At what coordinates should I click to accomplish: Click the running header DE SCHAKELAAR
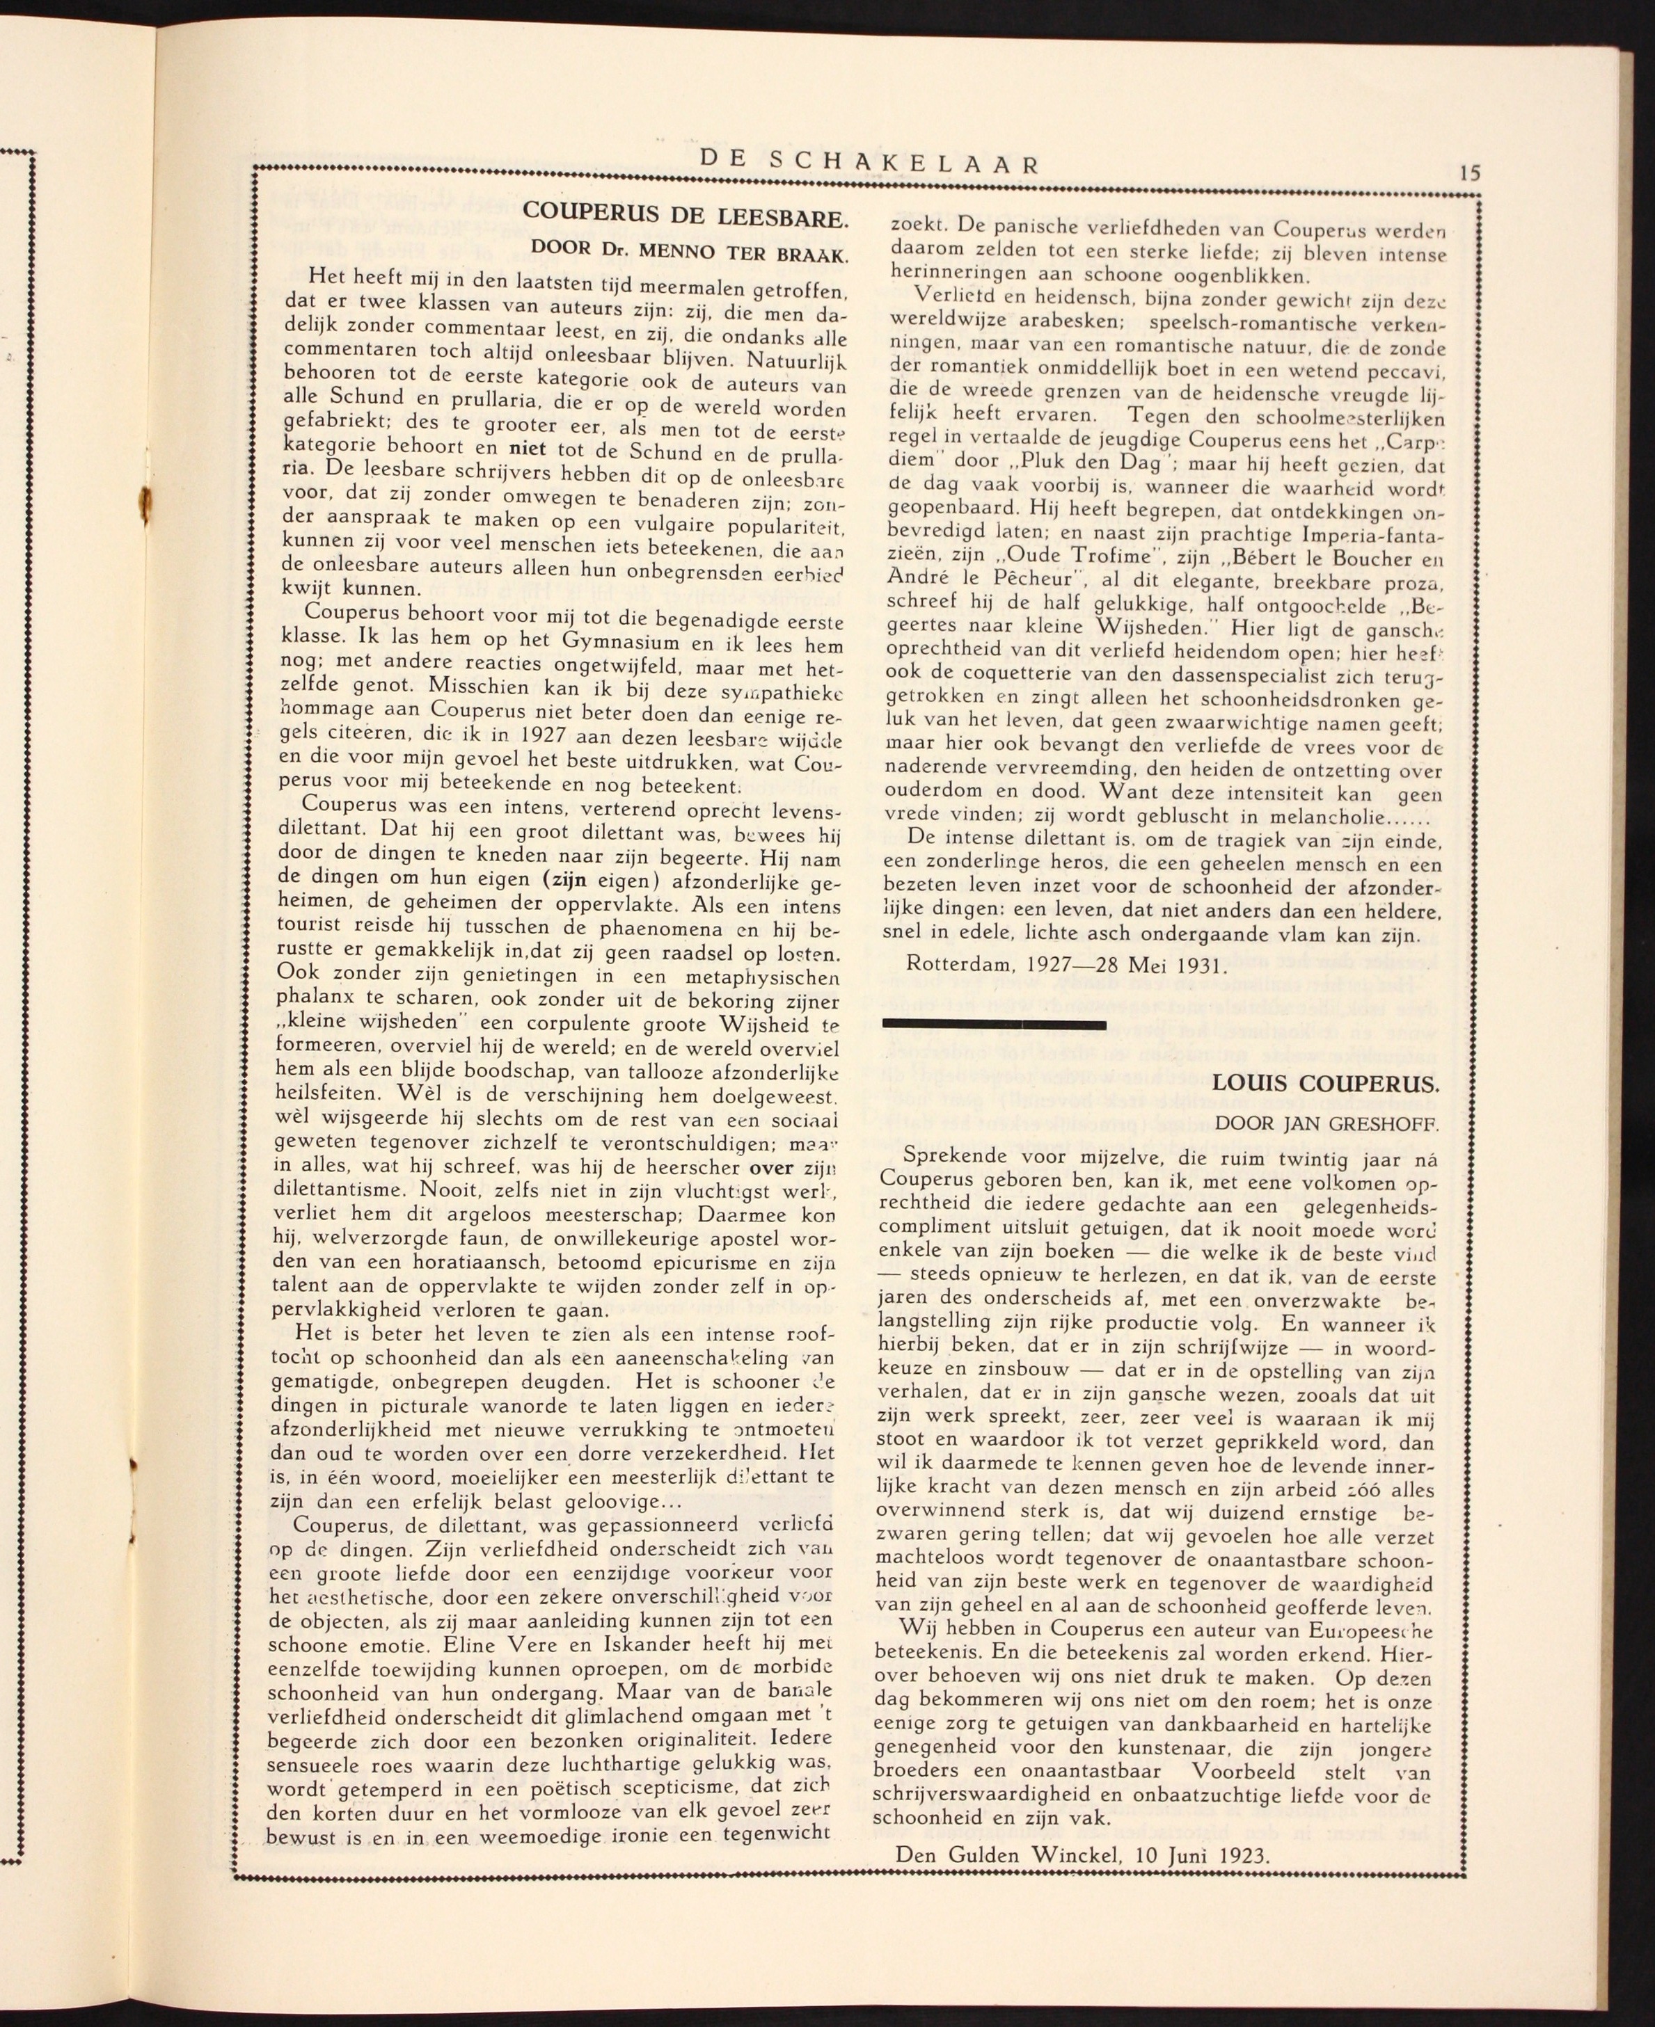869,162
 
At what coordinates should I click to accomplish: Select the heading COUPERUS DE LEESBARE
685,216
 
